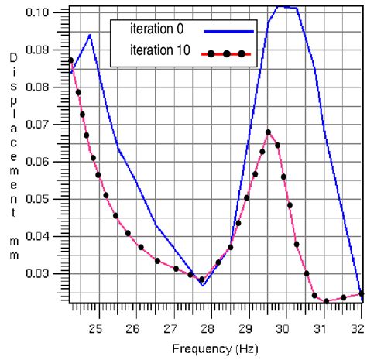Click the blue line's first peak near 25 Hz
pyautogui.click(x=91, y=35)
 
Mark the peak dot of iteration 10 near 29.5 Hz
pyautogui.click(x=268, y=132)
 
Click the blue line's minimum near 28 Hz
pyautogui.click(x=202, y=286)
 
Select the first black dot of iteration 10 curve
pyautogui.click(x=70, y=60)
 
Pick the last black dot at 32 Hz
pyautogui.click(x=362, y=293)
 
